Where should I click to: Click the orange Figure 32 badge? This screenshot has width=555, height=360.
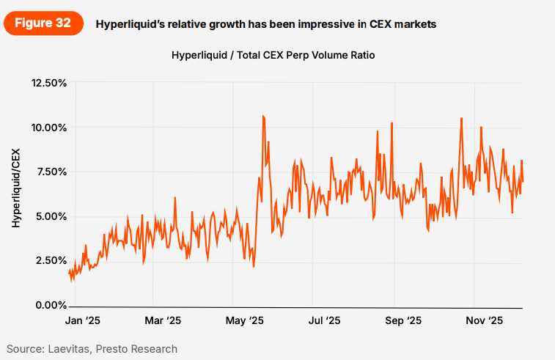(43, 23)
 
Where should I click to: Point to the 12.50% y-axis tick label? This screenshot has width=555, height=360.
(47, 83)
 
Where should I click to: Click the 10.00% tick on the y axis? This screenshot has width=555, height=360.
(47, 128)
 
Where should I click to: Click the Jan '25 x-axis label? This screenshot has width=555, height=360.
(81, 320)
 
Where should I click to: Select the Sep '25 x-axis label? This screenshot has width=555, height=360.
(403, 320)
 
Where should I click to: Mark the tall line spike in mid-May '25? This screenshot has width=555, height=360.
(263, 117)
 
